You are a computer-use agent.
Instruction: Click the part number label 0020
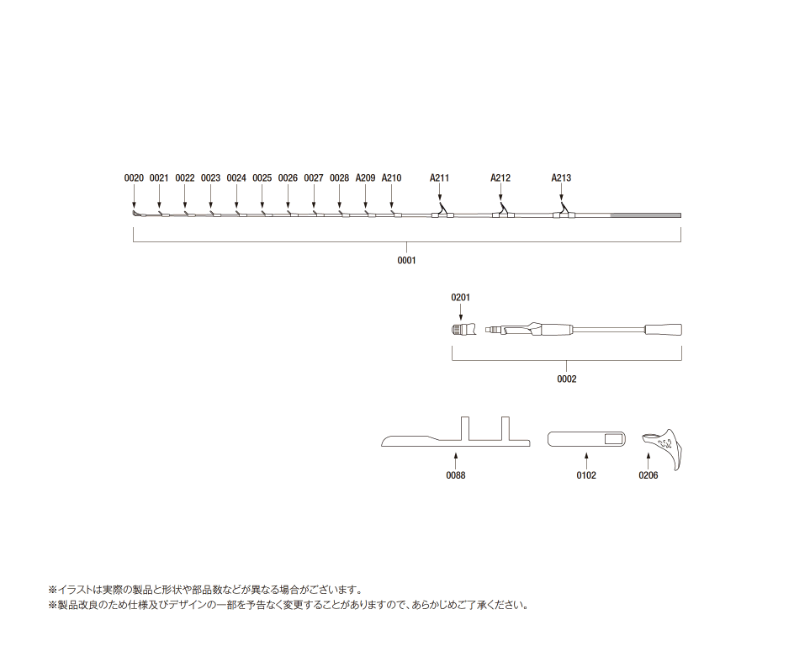[x=134, y=178]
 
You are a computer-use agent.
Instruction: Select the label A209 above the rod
[x=365, y=178]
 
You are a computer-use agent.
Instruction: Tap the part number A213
[x=561, y=178]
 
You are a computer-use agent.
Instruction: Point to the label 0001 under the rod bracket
[x=406, y=260]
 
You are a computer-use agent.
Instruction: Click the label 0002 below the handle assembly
[x=567, y=379]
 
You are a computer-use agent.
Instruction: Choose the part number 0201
[x=461, y=297]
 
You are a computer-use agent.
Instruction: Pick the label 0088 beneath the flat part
[x=456, y=475]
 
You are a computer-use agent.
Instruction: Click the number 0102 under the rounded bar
[x=586, y=475]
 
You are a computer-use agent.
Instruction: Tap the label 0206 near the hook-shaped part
[x=649, y=475]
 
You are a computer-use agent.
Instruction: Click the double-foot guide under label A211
[x=442, y=212]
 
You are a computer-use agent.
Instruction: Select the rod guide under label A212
[x=503, y=212]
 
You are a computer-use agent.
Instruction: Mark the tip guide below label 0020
[x=135, y=214]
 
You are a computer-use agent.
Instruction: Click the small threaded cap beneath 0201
[x=463, y=329]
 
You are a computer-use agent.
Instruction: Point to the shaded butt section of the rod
[x=646, y=215]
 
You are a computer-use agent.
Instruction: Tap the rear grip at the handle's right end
[x=663, y=330]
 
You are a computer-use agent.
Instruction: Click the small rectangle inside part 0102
[x=614, y=439]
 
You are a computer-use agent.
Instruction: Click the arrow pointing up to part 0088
[x=456, y=461]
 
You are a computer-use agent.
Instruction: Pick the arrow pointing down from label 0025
[x=262, y=196]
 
